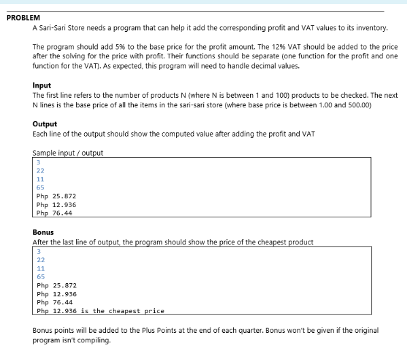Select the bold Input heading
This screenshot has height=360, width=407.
pos(41,86)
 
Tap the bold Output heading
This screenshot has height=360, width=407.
pos(45,124)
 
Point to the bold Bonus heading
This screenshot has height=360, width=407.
pos(43,232)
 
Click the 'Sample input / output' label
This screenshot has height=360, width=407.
pos(67,153)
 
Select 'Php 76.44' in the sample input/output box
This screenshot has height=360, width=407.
pos(54,213)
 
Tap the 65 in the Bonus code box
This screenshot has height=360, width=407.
pos(40,277)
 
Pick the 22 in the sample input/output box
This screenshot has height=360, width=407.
pos(40,170)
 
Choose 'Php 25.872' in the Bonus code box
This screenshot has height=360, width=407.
pos(56,286)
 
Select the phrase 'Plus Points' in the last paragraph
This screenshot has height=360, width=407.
pos(208,330)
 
